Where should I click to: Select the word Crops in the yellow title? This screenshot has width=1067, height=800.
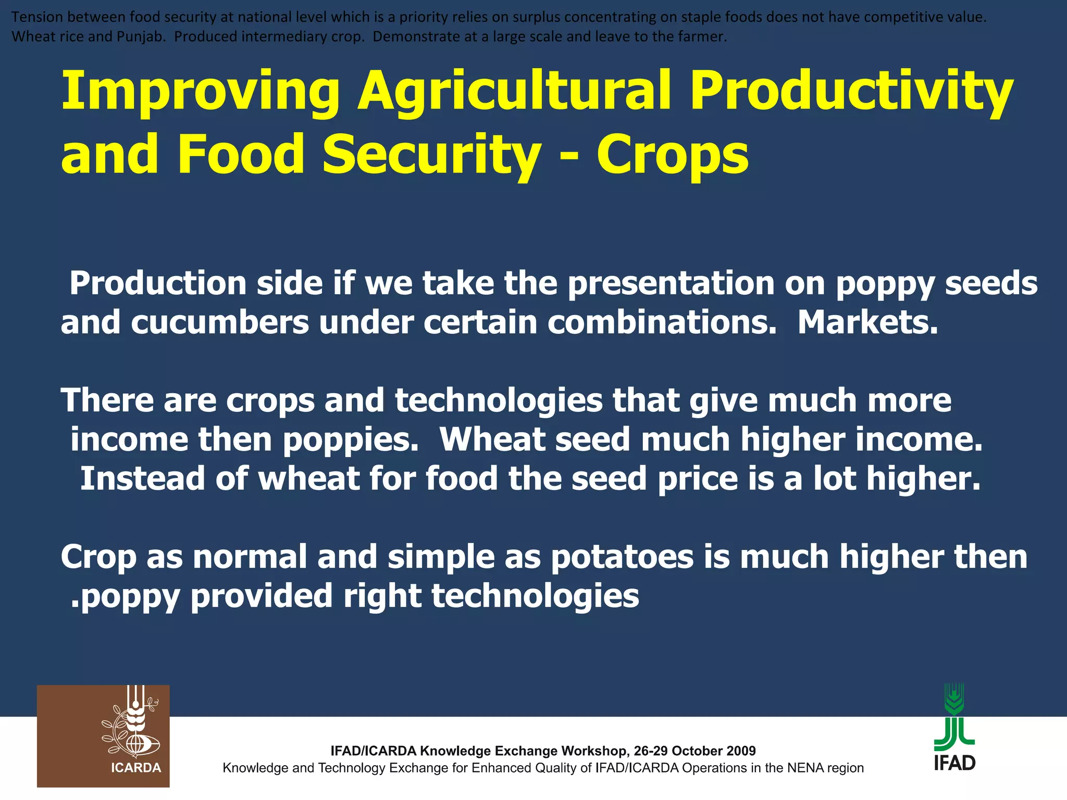pos(672,155)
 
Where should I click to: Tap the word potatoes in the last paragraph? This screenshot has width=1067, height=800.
pos(623,557)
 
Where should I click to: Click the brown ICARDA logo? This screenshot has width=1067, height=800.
pos(103,736)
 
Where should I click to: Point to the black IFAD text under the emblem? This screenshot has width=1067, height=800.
pos(954,763)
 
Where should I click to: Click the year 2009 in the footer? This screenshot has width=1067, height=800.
pos(740,751)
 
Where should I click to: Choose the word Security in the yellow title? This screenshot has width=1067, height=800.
pos(431,155)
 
